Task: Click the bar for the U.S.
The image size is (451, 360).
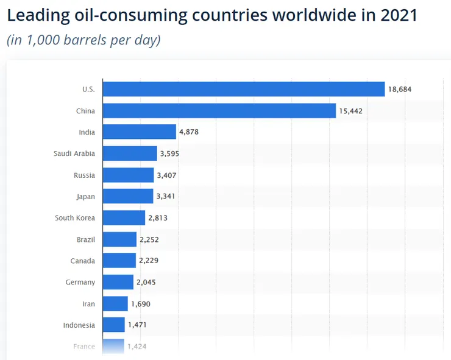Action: click(244, 90)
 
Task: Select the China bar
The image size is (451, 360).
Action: click(219, 111)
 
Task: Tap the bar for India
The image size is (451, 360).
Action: click(140, 132)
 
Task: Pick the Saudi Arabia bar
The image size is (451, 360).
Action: click(130, 154)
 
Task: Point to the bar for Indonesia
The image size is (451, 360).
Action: click(114, 325)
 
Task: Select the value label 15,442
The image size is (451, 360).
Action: click(350, 111)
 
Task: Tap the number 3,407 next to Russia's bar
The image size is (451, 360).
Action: click(168, 175)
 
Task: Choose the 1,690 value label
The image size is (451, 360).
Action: click(140, 303)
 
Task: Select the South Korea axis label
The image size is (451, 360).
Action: click(75, 218)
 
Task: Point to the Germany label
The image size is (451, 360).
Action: click(80, 282)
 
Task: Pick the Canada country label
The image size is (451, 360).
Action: click(82, 261)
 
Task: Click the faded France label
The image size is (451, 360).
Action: click(84, 346)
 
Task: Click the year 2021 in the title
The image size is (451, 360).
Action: click(397, 15)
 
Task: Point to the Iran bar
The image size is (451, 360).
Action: click(116, 303)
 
